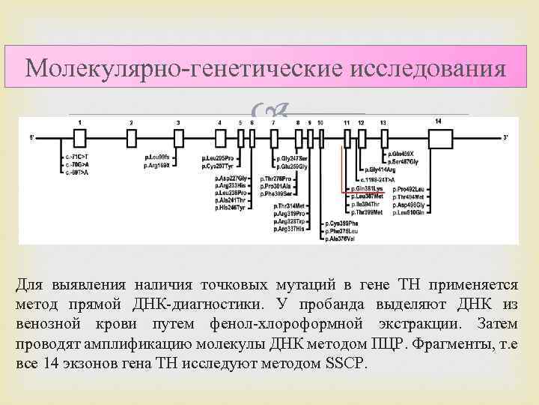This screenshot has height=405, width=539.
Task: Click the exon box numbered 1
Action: coord(79,138)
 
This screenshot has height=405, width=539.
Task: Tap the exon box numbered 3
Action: coord(179,138)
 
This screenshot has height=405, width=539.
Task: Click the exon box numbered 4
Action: coord(220,138)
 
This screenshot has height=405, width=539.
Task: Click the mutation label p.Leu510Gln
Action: coord(411,213)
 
